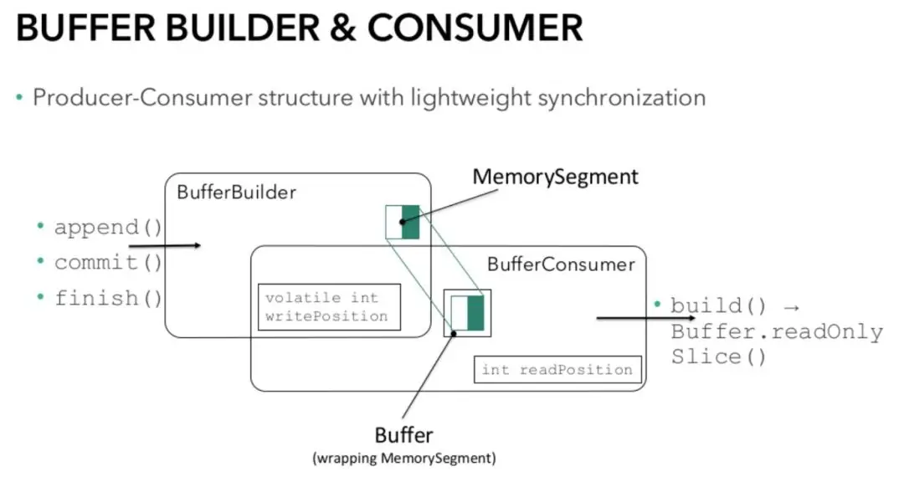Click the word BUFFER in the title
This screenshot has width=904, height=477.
pos(85,27)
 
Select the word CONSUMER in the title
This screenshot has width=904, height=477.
pos(475,27)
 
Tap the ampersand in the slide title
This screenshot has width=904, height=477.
pos(343,28)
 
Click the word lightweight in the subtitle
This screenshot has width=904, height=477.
pos(470,98)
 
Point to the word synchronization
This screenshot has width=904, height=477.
pos(621,98)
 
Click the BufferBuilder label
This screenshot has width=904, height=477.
pos(236,192)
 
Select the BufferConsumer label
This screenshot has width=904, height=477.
pos(561,264)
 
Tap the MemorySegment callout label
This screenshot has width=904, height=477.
pos(555,177)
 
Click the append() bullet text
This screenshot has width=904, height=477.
pos(108,227)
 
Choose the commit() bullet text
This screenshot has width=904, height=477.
pos(108,262)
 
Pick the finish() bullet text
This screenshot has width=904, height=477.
pos(108,298)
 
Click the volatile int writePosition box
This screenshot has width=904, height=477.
pos(329,307)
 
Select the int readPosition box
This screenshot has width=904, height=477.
pos(557,369)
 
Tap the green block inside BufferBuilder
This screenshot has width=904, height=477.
pos(410,222)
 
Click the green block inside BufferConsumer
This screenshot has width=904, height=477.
pos(475,313)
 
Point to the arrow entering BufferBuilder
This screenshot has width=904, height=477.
pos(165,246)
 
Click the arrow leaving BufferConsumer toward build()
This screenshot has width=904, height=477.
pos(645,317)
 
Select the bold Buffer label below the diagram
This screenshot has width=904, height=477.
pos(403,435)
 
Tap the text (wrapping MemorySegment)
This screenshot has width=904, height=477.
pos(404,459)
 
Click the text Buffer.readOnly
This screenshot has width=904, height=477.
pos(777,332)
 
